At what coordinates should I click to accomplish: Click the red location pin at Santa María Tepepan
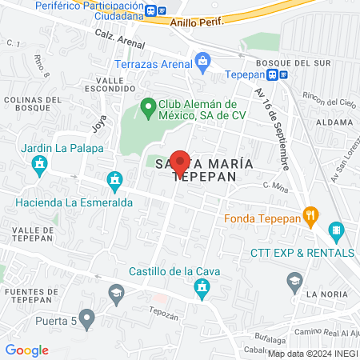click(x=180, y=162)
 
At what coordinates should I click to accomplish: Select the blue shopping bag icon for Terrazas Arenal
click(x=203, y=61)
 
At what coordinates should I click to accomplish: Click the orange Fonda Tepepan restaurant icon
click(x=312, y=215)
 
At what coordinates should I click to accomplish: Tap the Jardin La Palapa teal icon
click(x=38, y=166)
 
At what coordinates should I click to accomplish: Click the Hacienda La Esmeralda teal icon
click(x=114, y=182)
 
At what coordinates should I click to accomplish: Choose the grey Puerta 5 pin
click(x=87, y=320)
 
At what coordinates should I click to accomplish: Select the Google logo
click(x=26, y=350)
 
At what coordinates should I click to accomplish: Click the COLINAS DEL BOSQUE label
click(x=31, y=104)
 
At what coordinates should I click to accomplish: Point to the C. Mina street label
click(x=275, y=185)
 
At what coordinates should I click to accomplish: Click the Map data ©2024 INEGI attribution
click(x=312, y=354)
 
